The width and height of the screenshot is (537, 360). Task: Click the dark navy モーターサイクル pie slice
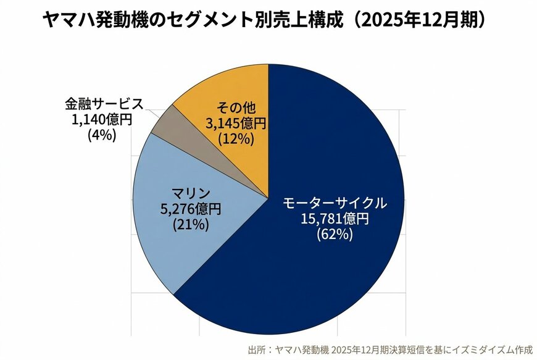coord(321,272)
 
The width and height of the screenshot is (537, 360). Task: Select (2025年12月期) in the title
coord(422,20)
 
